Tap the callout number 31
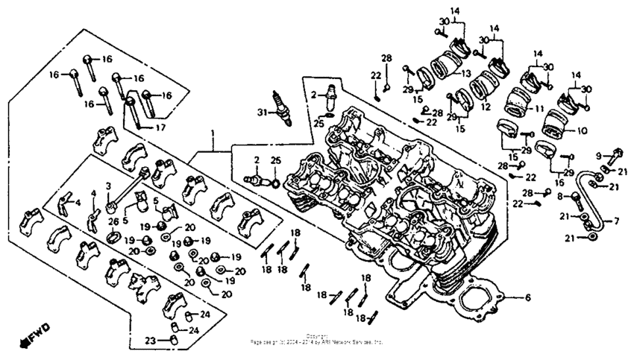261,113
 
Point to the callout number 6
527,298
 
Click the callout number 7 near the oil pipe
616,221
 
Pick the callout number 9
598,155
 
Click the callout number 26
113,221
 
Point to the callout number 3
108,185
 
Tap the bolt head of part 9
615,157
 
